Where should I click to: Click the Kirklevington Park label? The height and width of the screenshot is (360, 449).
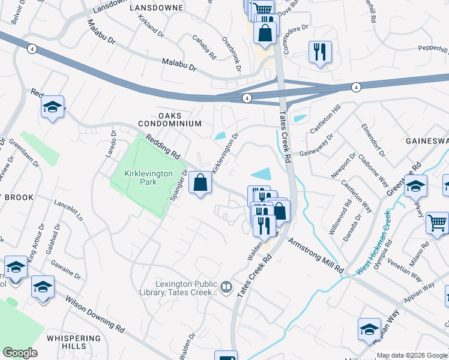pyautogui.click(x=148, y=178)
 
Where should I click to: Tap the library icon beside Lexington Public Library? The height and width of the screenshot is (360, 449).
pyautogui.click(x=226, y=287)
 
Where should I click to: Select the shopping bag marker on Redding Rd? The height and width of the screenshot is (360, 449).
pyautogui.click(x=200, y=182)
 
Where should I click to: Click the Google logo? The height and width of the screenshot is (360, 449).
pyautogui.click(x=20, y=353)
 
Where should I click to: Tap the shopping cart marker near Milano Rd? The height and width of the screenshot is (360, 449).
pyautogui.click(x=437, y=223)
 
